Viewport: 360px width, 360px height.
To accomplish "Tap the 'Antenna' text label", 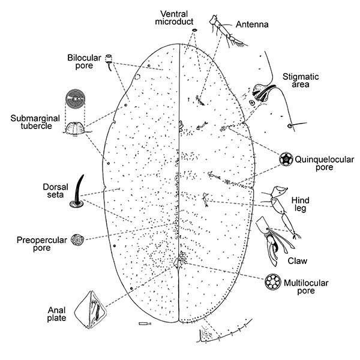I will pos(252,25).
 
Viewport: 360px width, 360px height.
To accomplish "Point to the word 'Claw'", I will pos(298,260).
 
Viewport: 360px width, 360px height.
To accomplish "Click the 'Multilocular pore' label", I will pos(316,286).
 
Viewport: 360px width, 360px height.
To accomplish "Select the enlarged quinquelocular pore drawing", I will pos(286,159).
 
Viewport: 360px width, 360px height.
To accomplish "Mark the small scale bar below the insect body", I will pos(143,324).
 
